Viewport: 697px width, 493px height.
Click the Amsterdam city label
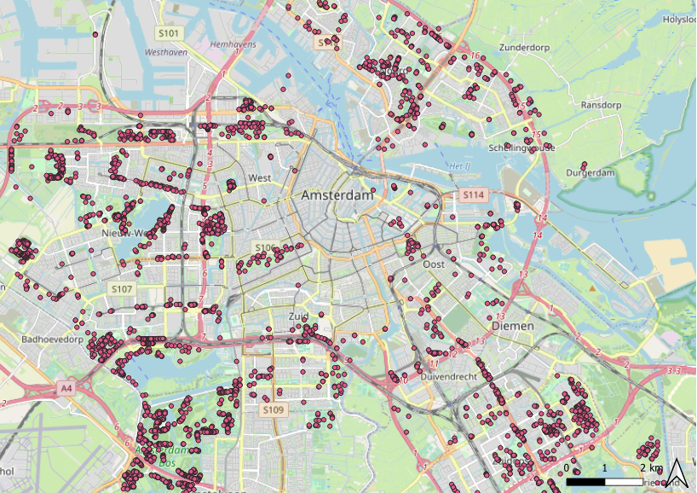[x=337, y=196]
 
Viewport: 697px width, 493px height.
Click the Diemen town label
[x=512, y=326]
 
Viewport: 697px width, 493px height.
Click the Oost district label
[x=433, y=264]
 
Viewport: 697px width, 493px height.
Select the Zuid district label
[x=297, y=316]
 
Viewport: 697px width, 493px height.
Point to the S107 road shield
[x=122, y=289]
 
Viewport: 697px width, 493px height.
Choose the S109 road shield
[x=273, y=410]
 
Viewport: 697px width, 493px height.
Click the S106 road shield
[x=266, y=248]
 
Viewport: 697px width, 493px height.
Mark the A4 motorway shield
[x=66, y=388]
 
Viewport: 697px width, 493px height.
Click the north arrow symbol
[x=676, y=472]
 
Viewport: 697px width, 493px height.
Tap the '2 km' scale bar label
[x=650, y=468]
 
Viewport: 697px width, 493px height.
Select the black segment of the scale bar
[x=585, y=482]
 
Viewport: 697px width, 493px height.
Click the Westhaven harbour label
[x=166, y=52]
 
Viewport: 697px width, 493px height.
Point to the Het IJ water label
[x=459, y=165]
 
